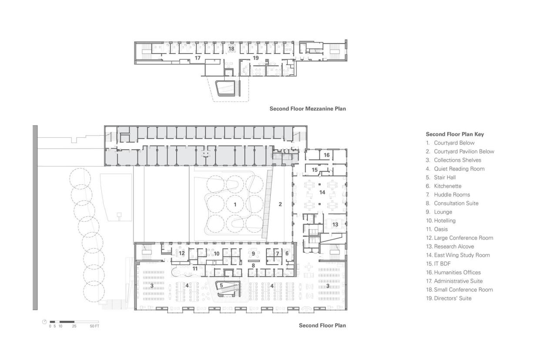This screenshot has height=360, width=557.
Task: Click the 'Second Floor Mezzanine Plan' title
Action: click(x=308, y=109)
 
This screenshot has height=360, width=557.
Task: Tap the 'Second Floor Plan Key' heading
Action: click(x=455, y=134)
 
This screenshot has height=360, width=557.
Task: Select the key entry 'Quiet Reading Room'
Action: click(x=459, y=169)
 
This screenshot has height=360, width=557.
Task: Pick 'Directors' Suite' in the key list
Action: click(x=453, y=298)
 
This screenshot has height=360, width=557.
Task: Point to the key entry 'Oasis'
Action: click(x=441, y=229)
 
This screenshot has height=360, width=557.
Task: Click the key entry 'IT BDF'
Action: click(x=442, y=264)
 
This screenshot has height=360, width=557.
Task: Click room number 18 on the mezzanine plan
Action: click(x=231, y=49)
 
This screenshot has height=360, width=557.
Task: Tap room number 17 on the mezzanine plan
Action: click(x=198, y=58)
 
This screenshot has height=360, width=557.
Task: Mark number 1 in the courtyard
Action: click(x=235, y=204)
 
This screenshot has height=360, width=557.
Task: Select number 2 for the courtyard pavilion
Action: click(x=280, y=204)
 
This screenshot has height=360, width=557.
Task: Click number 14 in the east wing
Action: click(x=322, y=192)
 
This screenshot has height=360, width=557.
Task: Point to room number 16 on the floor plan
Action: click(x=326, y=155)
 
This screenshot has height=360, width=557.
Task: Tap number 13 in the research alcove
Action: click(x=335, y=225)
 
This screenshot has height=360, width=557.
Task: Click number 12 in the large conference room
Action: click(x=182, y=253)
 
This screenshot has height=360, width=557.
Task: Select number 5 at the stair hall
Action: click(x=221, y=286)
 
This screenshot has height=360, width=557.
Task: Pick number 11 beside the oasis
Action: click(x=195, y=269)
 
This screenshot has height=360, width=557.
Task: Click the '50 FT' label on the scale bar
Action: click(x=94, y=326)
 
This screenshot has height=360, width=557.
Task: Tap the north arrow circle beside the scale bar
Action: click(x=44, y=322)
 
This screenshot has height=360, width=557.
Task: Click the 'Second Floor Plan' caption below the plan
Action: click(x=322, y=326)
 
